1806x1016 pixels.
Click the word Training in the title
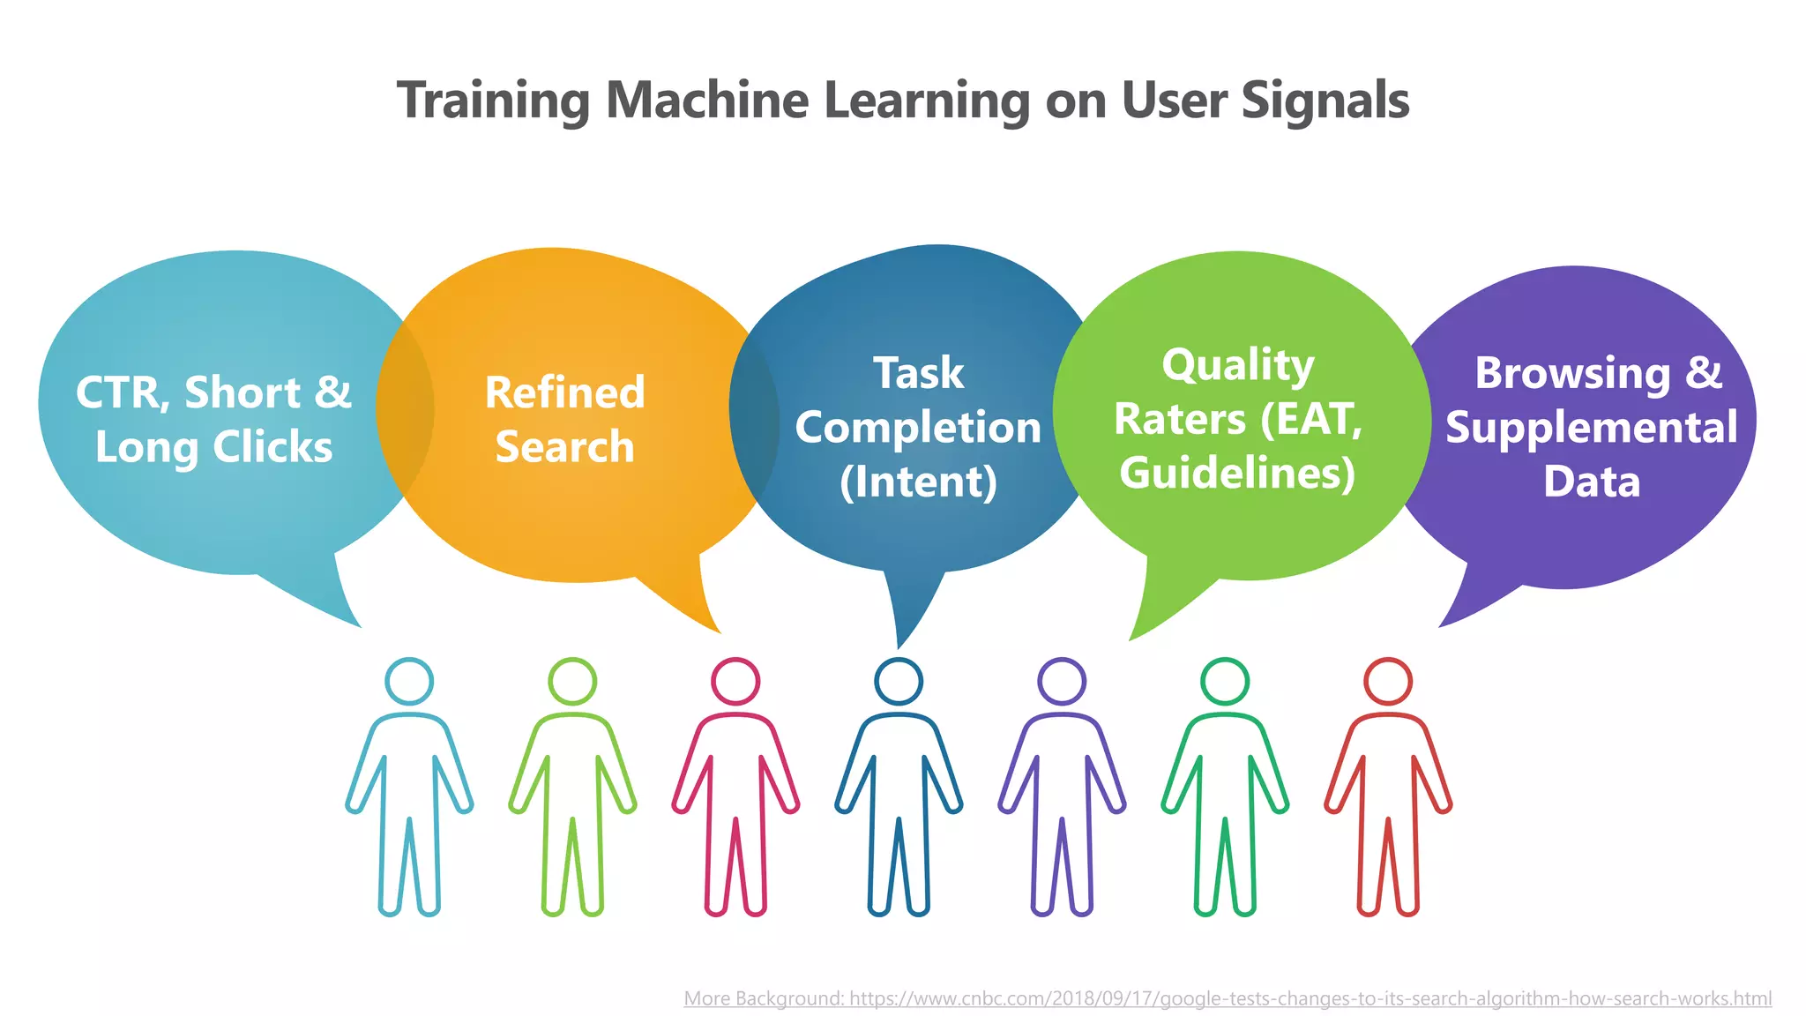(x=493, y=101)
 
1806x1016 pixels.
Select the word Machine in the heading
(x=706, y=101)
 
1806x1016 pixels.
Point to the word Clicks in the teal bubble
(x=272, y=447)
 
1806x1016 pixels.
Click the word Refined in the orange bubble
(x=564, y=392)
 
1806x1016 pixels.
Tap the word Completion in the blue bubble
(x=918, y=428)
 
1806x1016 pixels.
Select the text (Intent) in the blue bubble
(x=918, y=482)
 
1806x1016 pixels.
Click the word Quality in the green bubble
(x=1237, y=365)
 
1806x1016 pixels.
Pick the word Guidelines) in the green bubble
(x=1237, y=474)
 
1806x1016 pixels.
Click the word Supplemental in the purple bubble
(x=1592, y=428)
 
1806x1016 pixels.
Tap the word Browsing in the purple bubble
(x=1572, y=373)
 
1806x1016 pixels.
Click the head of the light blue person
(x=409, y=682)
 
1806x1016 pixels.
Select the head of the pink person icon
(x=735, y=682)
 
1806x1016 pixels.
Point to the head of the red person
(x=1388, y=682)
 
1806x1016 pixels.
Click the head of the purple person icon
(x=1062, y=682)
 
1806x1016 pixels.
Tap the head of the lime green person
(x=572, y=682)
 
